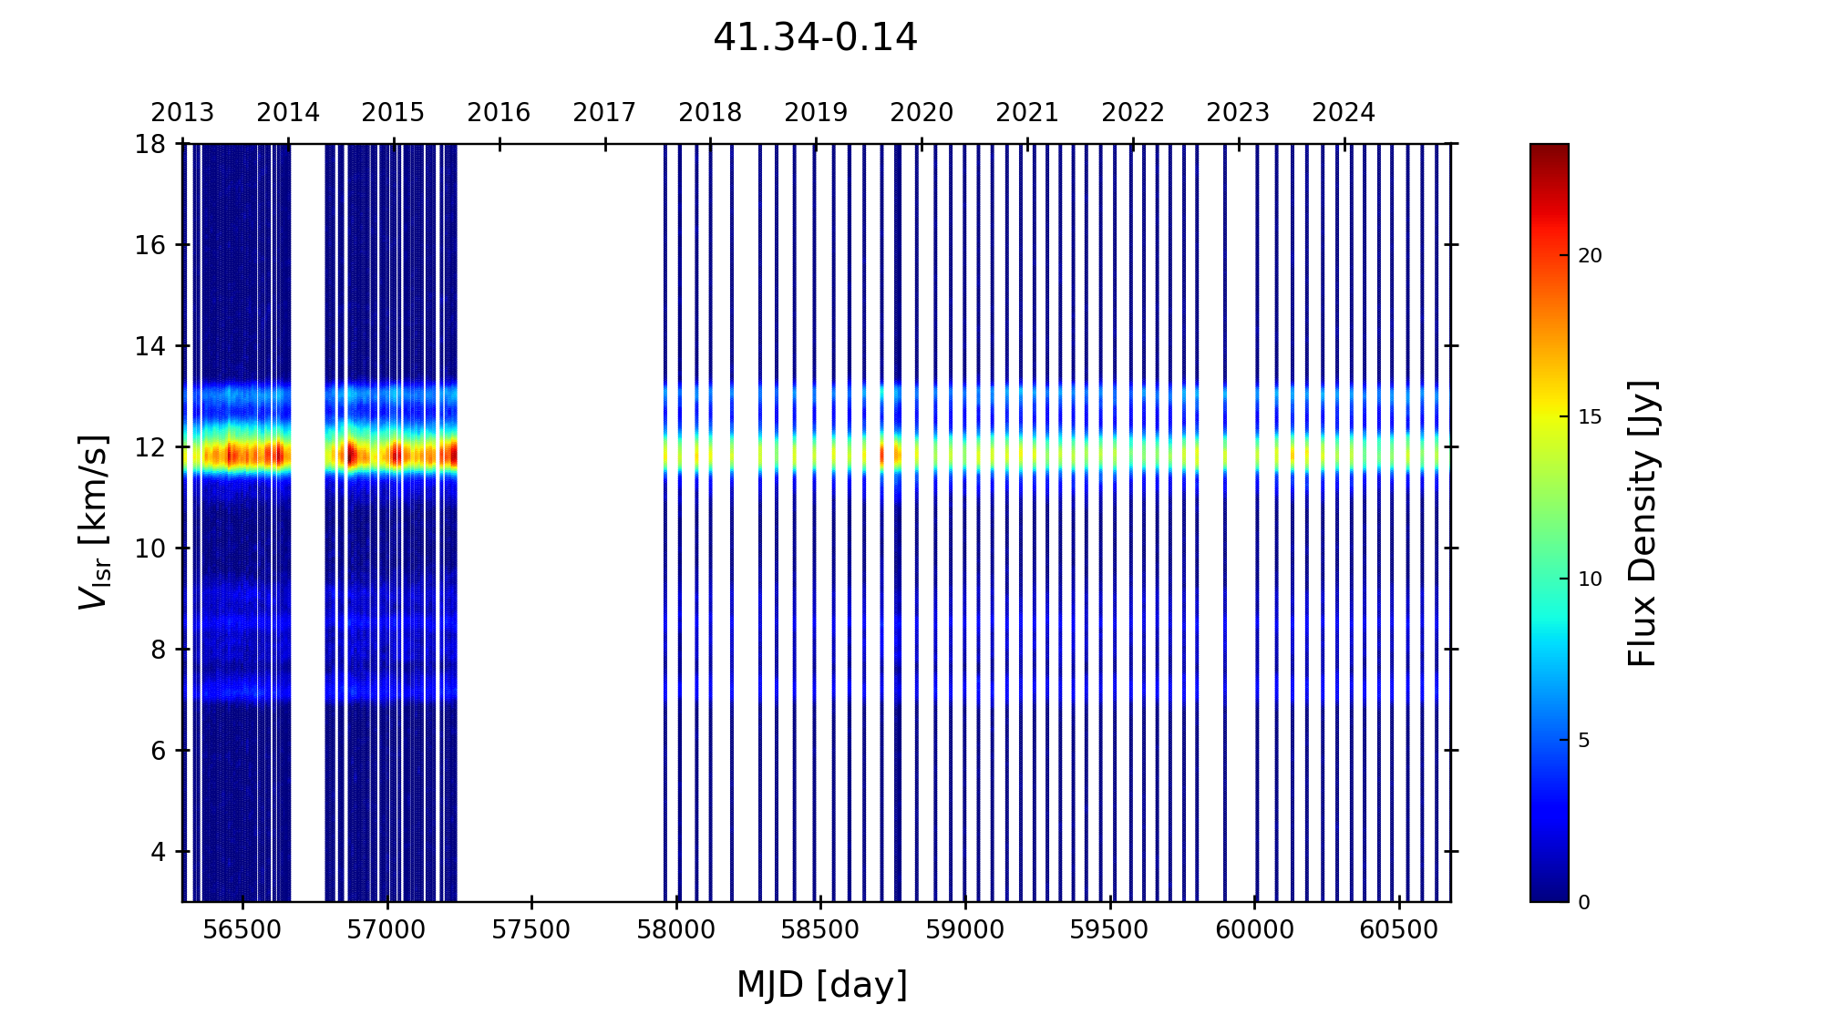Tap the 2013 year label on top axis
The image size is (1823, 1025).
tap(182, 113)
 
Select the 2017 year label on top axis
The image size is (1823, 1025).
tap(604, 113)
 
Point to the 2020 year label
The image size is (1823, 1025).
tap(922, 113)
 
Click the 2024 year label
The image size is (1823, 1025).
tap(1344, 113)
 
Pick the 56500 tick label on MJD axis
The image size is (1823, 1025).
tap(242, 930)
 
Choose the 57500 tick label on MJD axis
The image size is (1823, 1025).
tap(531, 930)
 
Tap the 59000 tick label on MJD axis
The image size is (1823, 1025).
tap(965, 930)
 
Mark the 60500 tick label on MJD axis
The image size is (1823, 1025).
tap(1399, 930)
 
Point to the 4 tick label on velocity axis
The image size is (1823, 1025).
tap(158, 852)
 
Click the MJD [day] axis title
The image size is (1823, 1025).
tap(822, 986)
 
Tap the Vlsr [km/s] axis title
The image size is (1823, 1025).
tap(94, 522)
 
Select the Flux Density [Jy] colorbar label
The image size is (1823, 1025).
tap(1643, 523)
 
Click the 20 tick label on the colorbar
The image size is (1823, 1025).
tap(1590, 256)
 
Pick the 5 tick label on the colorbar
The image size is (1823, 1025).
tap(1584, 741)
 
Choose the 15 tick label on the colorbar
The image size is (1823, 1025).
tap(1590, 417)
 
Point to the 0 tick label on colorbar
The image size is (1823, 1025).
tap(1584, 902)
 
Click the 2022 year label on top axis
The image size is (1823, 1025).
tap(1133, 113)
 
